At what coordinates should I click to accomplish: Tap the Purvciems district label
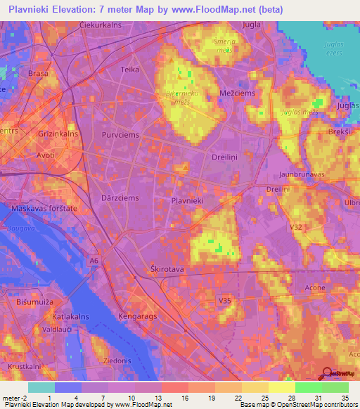pyautogui.click(x=122, y=134)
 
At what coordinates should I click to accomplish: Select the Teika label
pyautogui.click(x=130, y=70)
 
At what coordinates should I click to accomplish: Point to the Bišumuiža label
pyautogui.click(x=30, y=300)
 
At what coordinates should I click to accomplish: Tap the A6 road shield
pyautogui.click(x=94, y=261)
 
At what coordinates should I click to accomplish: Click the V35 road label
pyautogui.click(x=225, y=301)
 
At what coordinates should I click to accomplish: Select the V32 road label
pyautogui.click(x=295, y=227)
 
